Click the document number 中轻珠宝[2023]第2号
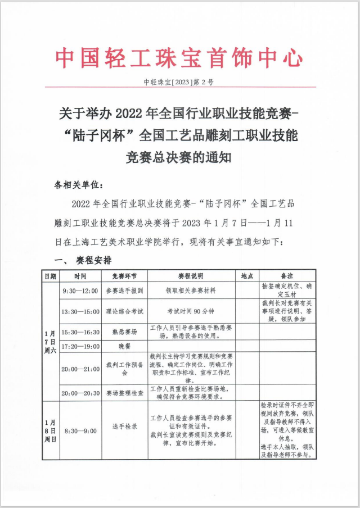tap(179, 82)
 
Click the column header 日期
tap(50, 276)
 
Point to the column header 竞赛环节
tap(125, 276)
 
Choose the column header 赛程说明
tap(191, 276)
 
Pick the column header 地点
tap(247, 276)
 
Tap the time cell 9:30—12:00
tap(80, 291)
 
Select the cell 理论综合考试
tap(125, 311)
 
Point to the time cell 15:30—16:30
tap(80, 332)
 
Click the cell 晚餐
tap(125, 346)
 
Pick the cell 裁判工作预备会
tap(125, 368)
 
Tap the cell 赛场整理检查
tap(125, 393)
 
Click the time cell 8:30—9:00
tap(80, 430)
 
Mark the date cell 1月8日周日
tap(50, 430)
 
